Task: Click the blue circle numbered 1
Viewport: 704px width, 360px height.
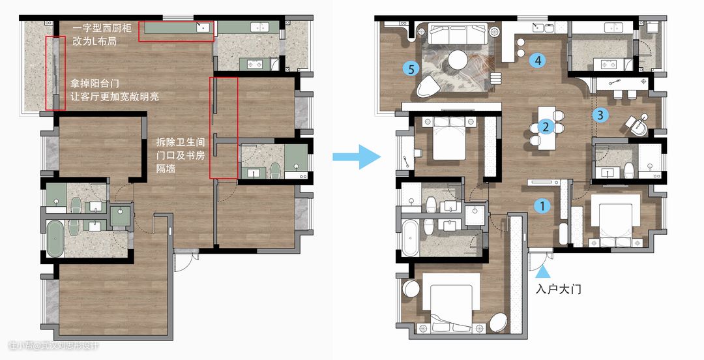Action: point(542,206)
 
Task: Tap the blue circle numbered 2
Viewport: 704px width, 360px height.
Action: point(546,127)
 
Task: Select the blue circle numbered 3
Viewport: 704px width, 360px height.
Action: point(600,115)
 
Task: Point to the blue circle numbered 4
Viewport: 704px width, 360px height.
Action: point(538,60)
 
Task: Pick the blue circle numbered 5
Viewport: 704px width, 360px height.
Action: point(411,68)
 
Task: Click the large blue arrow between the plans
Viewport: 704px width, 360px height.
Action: point(357,157)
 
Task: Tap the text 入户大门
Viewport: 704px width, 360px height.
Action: point(559,288)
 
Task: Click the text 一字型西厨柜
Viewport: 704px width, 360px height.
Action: point(102,28)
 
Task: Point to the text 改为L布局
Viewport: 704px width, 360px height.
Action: point(95,41)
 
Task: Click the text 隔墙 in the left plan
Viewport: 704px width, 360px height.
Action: point(166,168)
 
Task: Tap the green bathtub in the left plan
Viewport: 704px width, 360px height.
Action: point(55,239)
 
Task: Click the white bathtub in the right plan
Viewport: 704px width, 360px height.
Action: point(411,238)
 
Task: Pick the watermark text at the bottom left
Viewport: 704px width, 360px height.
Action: point(53,346)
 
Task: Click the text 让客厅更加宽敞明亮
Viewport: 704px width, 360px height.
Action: point(115,96)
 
